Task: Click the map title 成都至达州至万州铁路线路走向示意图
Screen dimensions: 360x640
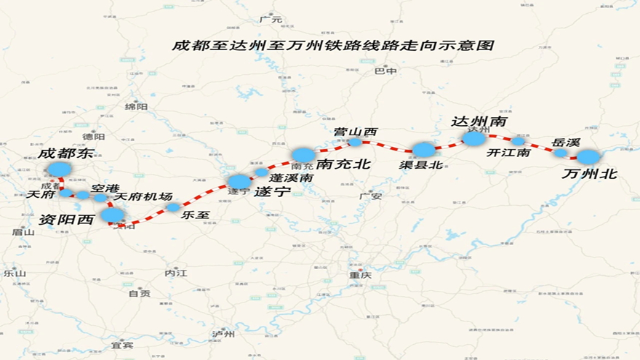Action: click(x=332, y=45)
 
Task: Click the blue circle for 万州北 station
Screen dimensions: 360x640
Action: click(x=588, y=156)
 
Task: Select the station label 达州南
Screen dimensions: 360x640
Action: click(x=479, y=121)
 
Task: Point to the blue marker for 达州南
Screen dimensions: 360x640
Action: click(x=473, y=138)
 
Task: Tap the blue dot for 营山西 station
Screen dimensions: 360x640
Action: click(x=355, y=142)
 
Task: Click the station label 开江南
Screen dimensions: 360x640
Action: click(x=508, y=153)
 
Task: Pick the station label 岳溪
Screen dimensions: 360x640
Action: click(x=566, y=143)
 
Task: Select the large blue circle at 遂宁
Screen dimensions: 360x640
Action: click(x=239, y=181)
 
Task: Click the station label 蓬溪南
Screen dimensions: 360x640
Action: click(x=291, y=177)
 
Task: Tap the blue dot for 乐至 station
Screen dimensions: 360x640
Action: click(x=173, y=207)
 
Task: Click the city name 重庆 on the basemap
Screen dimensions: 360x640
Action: click(x=360, y=276)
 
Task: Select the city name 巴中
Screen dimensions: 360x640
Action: click(x=385, y=71)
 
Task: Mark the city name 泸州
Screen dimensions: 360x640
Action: click(x=224, y=335)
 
